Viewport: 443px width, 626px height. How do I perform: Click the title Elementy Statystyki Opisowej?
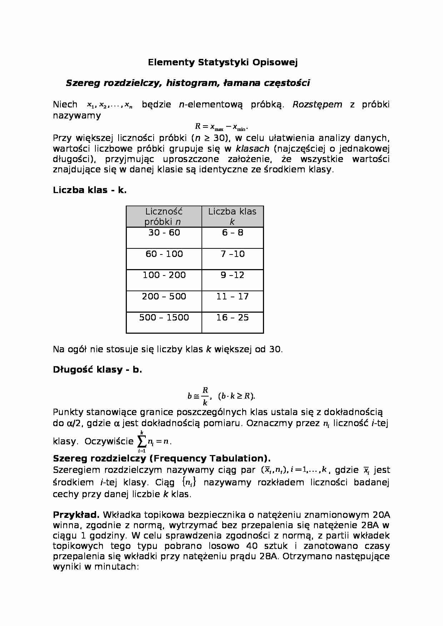tap(223, 62)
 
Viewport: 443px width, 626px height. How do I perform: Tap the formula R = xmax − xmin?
tap(221, 127)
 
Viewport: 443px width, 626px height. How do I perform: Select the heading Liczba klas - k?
tap(90, 190)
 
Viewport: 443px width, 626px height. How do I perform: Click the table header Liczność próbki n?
tap(164, 216)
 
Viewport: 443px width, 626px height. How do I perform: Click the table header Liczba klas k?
tap(232, 216)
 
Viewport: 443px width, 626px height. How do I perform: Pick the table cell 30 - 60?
tap(164, 233)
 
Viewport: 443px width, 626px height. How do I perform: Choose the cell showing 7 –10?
tap(233, 254)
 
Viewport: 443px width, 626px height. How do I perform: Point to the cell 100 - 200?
tap(164, 275)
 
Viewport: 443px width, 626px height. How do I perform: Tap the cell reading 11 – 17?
tap(233, 297)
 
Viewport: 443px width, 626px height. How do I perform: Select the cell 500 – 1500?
tap(164, 318)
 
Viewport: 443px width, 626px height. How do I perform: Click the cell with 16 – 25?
tap(233, 318)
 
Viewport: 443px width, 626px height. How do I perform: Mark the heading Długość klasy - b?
tap(98, 370)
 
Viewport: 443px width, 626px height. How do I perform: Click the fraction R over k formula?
tap(205, 396)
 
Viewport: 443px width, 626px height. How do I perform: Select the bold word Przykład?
tap(76, 515)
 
